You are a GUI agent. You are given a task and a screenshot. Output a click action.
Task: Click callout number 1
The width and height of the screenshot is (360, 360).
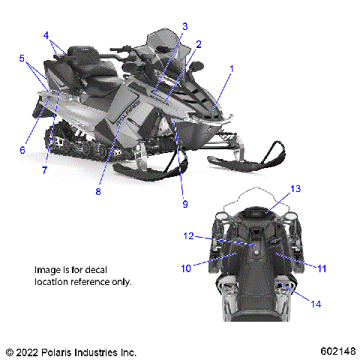point(232,68)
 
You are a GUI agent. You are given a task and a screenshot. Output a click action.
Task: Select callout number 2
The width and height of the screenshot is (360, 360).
point(199,44)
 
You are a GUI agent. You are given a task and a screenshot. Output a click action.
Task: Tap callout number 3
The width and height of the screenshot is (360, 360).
point(184,26)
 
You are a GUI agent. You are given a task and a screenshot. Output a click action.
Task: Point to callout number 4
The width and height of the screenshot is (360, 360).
point(46,34)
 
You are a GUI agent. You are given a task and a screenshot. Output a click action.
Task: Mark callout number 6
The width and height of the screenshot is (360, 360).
point(22,150)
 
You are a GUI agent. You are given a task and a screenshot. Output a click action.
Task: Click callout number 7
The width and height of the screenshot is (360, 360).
point(45,170)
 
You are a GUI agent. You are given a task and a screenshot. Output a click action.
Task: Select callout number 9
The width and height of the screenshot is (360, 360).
point(184,202)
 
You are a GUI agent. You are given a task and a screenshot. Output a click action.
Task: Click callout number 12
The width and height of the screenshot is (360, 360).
point(190,236)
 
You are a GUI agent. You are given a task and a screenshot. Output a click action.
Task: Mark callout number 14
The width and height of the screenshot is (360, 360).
point(316,304)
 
